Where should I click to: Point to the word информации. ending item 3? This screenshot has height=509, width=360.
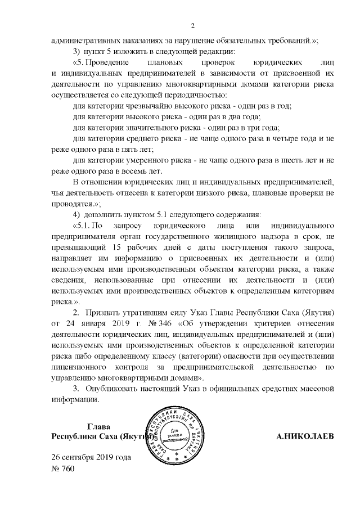[x=75, y=400]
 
